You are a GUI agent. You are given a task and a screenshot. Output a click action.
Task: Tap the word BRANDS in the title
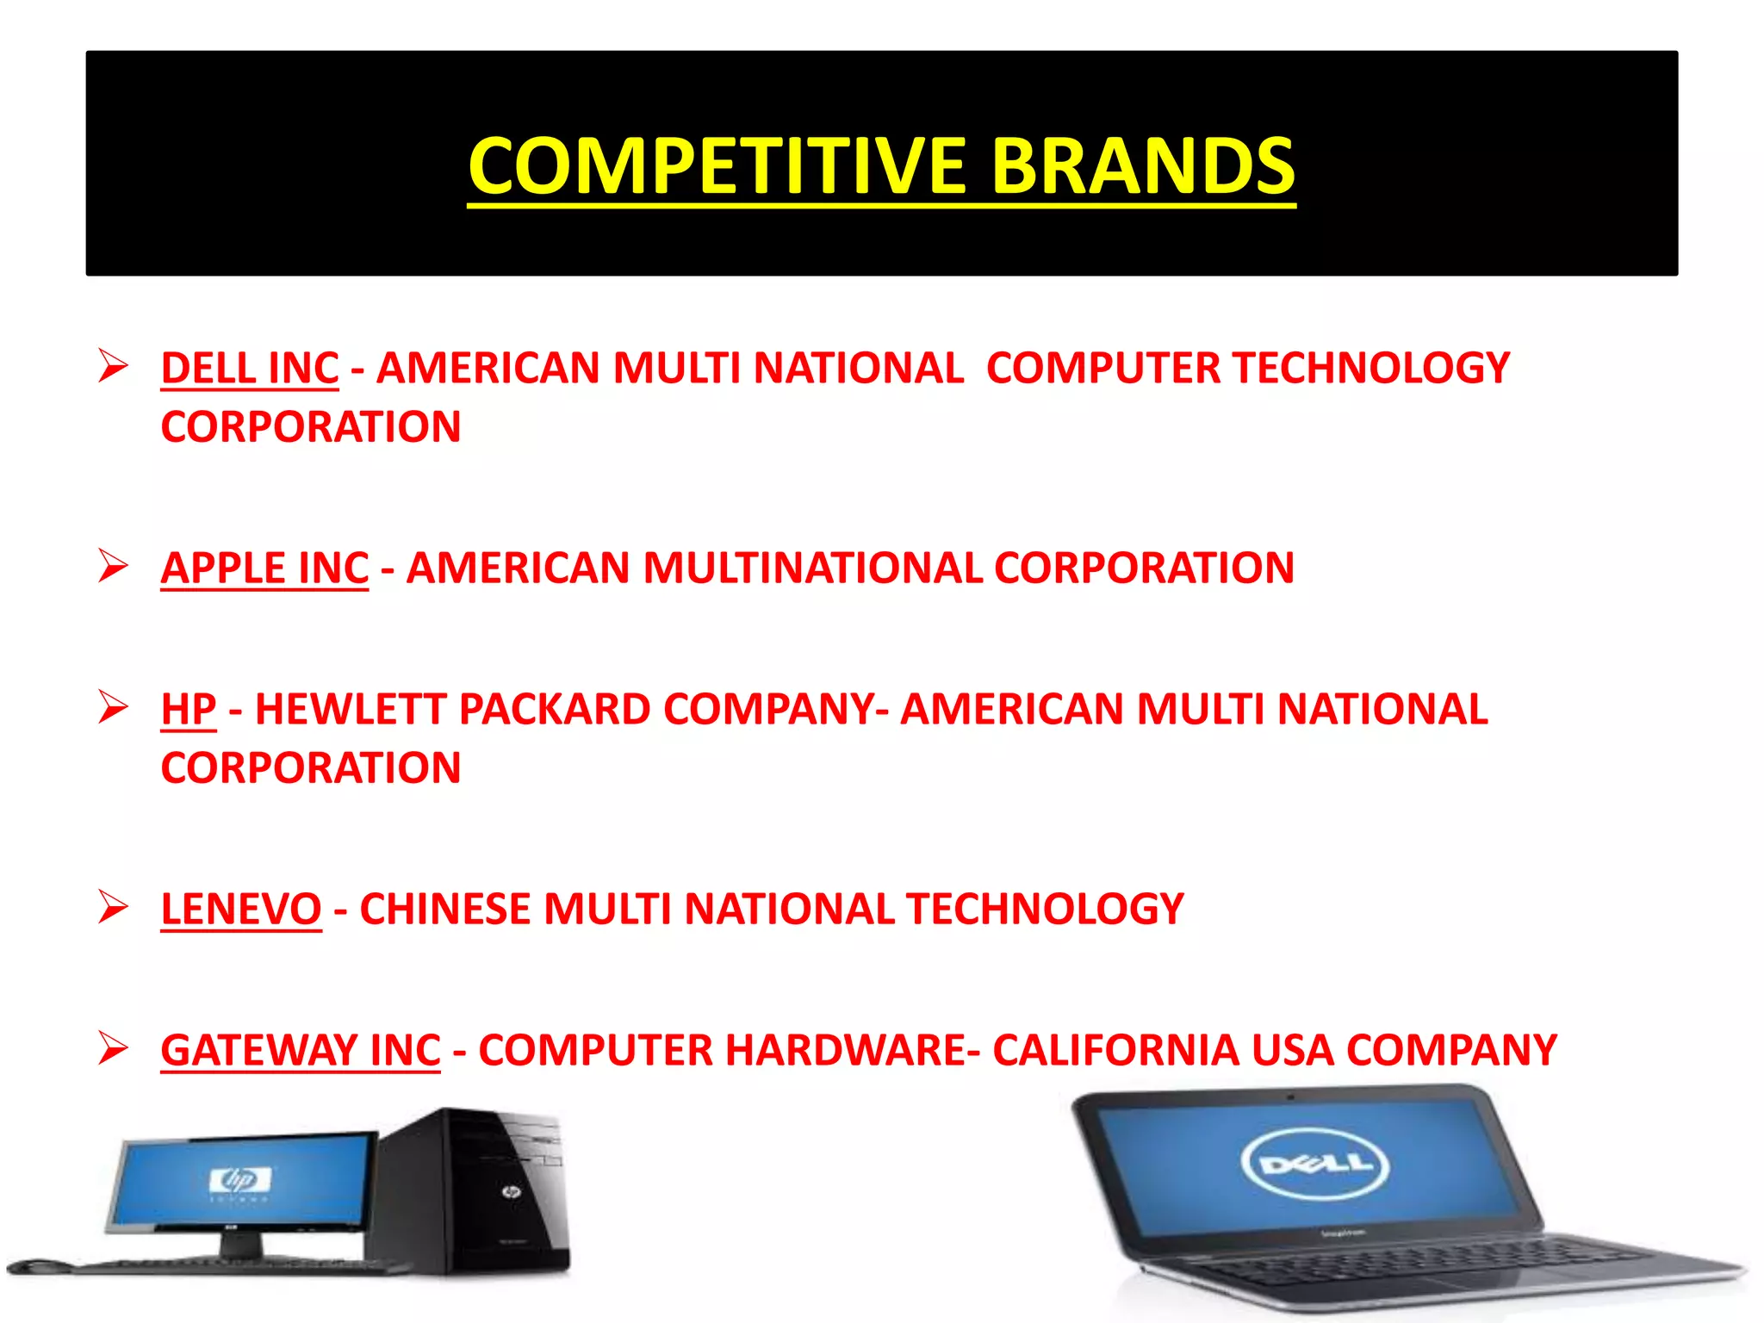coord(1143,166)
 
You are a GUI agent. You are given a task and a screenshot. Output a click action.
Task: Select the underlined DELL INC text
coord(250,369)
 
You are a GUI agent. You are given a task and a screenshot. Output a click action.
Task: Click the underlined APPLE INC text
coord(264,568)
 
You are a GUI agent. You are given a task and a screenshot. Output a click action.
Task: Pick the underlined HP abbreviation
coord(188,710)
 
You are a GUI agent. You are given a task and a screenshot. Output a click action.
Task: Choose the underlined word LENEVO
coord(241,910)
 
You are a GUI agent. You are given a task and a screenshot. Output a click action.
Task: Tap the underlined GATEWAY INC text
coord(301,1051)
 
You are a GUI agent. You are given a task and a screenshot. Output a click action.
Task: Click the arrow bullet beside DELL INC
coord(113,366)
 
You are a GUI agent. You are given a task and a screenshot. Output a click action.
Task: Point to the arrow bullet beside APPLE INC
coord(113,566)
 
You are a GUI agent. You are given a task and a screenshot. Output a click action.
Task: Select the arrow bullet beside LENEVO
coord(113,907)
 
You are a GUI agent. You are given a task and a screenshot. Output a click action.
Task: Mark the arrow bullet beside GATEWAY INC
coord(113,1048)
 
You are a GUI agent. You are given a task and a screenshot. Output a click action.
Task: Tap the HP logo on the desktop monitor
coord(239,1180)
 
